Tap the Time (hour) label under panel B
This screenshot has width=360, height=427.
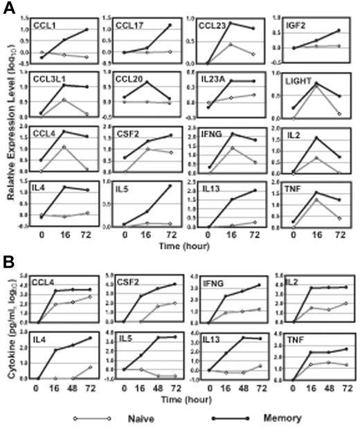point(192,399)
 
